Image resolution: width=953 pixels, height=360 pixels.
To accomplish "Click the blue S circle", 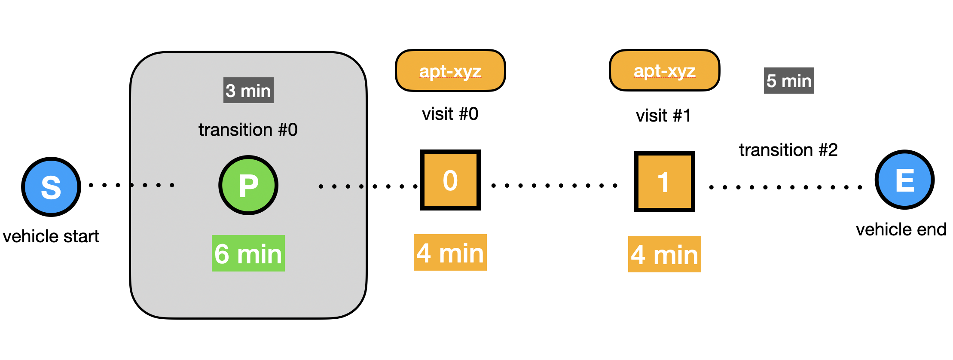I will [51, 186].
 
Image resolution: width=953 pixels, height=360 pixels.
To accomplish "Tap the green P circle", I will [248, 185].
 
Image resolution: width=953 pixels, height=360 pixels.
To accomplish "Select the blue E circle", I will [904, 180].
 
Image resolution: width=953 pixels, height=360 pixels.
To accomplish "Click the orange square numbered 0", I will [450, 180].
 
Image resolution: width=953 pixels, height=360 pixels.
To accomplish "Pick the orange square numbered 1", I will [664, 182].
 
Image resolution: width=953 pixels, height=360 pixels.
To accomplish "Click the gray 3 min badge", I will [248, 90].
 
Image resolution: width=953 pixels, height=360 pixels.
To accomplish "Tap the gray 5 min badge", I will [788, 80].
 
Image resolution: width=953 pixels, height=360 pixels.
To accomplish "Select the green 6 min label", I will [248, 253].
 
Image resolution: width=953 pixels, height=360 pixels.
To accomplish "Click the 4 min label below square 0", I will [450, 252].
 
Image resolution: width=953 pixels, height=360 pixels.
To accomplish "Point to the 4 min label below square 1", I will [664, 254].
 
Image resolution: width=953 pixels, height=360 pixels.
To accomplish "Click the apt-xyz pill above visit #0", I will [450, 70].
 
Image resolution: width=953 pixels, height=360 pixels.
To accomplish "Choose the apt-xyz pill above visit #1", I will [664, 70].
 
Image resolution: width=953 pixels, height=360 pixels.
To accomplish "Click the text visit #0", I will [450, 114].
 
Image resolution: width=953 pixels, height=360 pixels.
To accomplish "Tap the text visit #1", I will [663, 116].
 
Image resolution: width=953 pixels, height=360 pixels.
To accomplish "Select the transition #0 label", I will [248, 129].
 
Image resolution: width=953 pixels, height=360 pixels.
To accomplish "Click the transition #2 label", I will [788, 150].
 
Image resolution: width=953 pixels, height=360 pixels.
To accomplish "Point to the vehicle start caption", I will [51, 236].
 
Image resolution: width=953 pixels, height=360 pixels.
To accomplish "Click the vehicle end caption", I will [901, 229].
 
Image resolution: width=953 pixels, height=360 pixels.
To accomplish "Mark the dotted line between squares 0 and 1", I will [554, 186].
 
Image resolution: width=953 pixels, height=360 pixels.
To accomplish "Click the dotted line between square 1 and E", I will [785, 187].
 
